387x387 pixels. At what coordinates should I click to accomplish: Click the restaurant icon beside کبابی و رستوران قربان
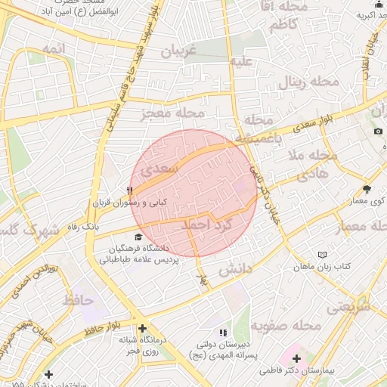(131, 190)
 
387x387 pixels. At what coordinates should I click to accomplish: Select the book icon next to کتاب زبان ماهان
(324, 255)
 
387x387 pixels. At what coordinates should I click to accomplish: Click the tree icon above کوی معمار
(367, 190)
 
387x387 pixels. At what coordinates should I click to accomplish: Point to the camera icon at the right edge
(377, 132)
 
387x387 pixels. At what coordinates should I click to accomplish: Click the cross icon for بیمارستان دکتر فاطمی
(296, 359)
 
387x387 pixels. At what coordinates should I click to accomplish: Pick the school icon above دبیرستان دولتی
(222, 333)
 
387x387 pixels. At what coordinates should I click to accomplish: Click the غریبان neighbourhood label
(179, 51)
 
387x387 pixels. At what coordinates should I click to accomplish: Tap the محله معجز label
(170, 113)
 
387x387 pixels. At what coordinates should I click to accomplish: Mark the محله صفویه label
(280, 327)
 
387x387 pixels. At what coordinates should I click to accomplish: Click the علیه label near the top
(241, 60)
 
